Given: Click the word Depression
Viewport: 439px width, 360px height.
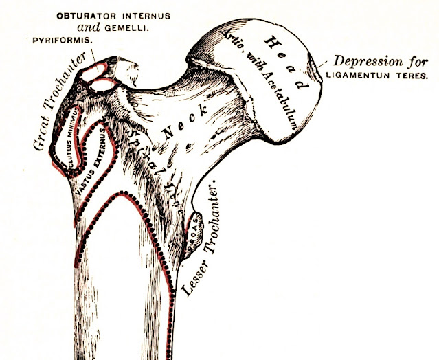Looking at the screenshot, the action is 369,59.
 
